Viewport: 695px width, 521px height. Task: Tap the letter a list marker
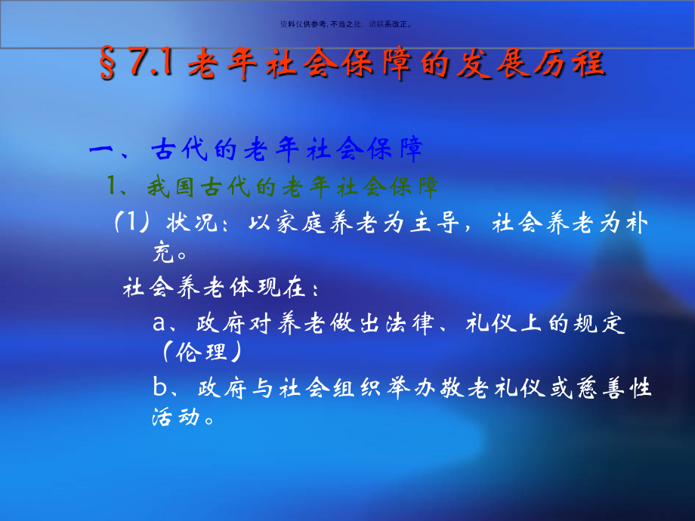coord(159,325)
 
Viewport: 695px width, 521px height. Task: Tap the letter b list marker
coord(159,389)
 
